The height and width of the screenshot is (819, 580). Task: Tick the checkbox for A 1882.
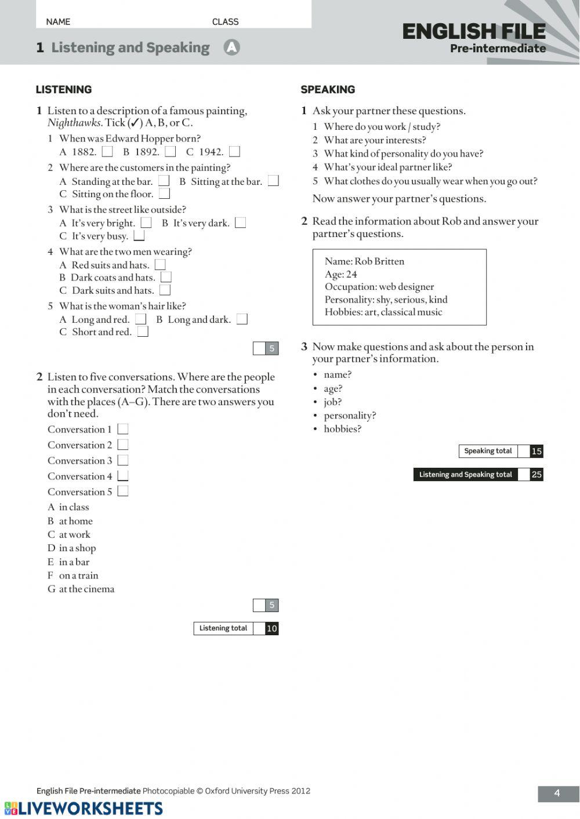click(x=107, y=152)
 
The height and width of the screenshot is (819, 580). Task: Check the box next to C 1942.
click(x=234, y=152)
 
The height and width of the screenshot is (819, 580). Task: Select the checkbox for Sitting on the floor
click(x=165, y=194)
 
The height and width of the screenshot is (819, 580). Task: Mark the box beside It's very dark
click(x=240, y=223)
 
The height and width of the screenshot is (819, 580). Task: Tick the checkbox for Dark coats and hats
click(x=166, y=277)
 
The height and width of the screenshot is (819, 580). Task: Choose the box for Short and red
click(x=143, y=332)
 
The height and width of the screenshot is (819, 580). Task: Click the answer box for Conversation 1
click(x=122, y=429)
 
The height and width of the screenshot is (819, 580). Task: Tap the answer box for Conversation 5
click(x=122, y=492)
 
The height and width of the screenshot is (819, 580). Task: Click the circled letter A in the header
click(x=231, y=48)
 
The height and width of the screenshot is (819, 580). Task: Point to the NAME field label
click(x=58, y=22)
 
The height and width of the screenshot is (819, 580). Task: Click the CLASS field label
click(x=225, y=22)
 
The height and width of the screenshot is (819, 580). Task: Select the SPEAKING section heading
click(x=328, y=89)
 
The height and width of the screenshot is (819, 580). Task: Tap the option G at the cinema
click(x=81, y=589)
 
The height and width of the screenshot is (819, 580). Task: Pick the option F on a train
click(x=73, y=576)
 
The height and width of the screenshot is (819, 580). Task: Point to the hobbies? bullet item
click(x=342, y=429)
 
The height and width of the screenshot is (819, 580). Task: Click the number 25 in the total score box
click(x=536, y=475)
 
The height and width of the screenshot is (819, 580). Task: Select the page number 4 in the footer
click(x=557, y=793)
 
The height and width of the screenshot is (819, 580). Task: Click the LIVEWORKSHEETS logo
click(x=84, y=809)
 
